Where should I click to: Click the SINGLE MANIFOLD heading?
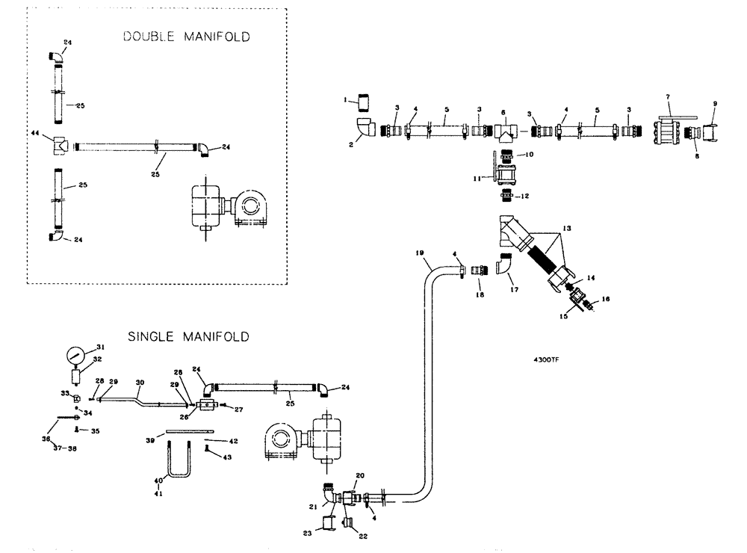189,337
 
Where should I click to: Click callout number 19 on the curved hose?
420,253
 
